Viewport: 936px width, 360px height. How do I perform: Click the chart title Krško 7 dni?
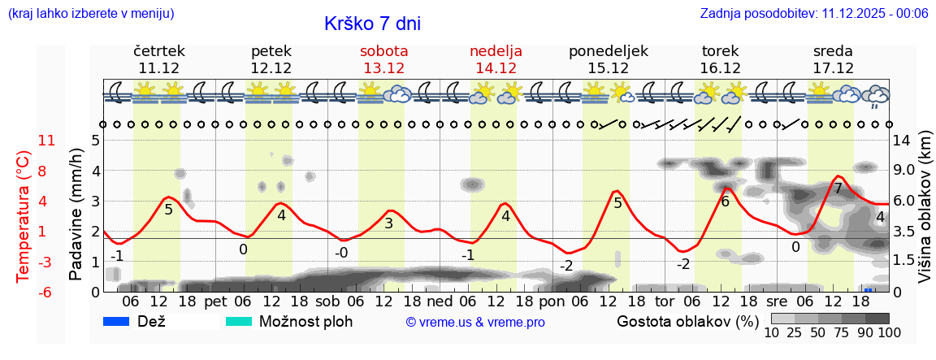click(372, 24)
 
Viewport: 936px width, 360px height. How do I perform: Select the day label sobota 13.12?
click(383, 59)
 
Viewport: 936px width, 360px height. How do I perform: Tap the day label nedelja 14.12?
click(496, 59)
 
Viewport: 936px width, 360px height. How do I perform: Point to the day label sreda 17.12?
click(833, 59)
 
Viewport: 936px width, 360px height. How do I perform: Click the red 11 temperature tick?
click(47, 141)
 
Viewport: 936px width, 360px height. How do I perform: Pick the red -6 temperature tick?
click(45, 292)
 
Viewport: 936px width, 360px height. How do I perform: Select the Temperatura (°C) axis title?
click(23, 215)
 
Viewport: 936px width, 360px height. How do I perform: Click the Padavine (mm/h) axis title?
click(76, 215)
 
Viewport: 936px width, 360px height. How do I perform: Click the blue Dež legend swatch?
click(116, 321)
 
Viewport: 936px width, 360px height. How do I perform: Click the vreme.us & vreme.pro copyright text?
click(475, 323)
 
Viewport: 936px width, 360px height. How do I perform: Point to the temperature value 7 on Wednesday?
click(838, 189)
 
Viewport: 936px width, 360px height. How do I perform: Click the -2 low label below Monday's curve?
click(566, 266)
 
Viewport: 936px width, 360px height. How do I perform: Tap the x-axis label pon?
click(551, 301)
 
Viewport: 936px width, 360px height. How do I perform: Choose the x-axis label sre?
click(776, 301)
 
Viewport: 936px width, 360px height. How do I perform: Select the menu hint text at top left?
click(91, 13)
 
